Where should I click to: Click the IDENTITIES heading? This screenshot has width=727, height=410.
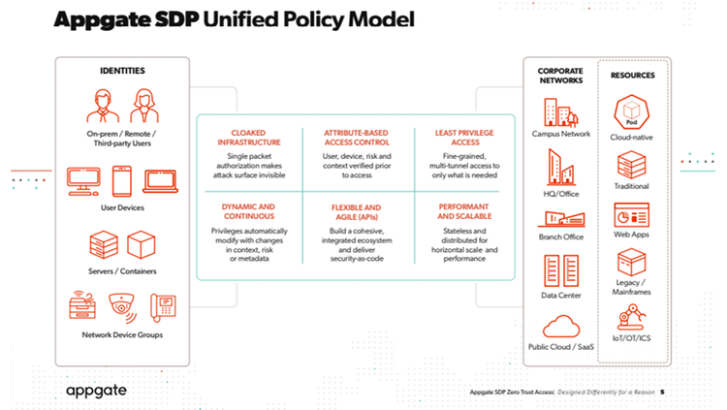point(122,71)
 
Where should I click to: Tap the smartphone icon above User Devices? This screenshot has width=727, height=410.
point(122,181)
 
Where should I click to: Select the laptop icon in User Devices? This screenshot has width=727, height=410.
point(160,181)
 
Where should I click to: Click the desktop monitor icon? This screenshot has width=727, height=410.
point(83,181)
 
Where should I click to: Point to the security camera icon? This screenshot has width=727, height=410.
point(122,307)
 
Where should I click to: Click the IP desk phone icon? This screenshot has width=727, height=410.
point(163,307)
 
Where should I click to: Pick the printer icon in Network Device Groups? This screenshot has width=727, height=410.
point(82,305)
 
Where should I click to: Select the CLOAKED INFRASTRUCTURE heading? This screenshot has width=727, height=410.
point(249,138)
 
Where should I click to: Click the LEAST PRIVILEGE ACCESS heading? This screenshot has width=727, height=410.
point(464,138)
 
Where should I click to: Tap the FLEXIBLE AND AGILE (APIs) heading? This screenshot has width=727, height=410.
point(357,212)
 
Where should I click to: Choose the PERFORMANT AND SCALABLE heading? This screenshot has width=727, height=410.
point(464,211)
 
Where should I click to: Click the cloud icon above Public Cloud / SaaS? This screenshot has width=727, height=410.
point(561,326)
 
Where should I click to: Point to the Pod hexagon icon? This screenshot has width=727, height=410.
point(631,112)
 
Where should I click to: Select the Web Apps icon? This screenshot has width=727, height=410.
point(631,215)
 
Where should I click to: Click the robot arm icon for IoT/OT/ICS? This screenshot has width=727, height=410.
point(631,317)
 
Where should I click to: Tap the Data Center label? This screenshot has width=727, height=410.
point(561,295)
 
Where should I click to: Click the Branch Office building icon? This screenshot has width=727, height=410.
point(561,218)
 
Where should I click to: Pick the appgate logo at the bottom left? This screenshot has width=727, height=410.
point(96,391)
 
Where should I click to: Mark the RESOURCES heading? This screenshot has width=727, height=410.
point(632,76)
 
